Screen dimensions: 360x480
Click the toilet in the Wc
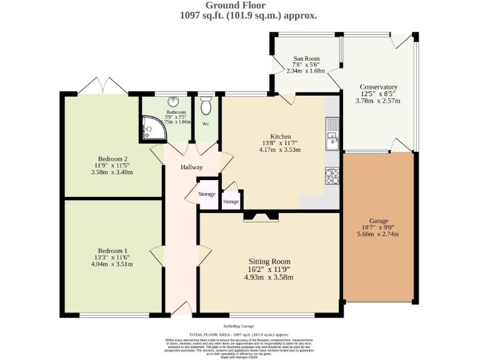[206, 106]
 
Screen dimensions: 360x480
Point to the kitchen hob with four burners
[332, 176]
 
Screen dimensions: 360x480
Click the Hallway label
[192, 167]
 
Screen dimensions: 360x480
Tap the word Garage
[378, 221]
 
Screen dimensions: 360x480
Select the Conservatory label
[378, 87]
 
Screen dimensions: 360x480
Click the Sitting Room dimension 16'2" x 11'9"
[269, 269]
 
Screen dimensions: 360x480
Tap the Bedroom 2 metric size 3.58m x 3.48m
[112, 172]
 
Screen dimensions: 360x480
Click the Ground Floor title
[240, 6]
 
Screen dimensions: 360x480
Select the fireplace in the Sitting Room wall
[261, 216]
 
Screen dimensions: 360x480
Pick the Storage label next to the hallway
[207, 194]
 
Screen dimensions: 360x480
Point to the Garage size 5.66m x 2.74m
[378, 234]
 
